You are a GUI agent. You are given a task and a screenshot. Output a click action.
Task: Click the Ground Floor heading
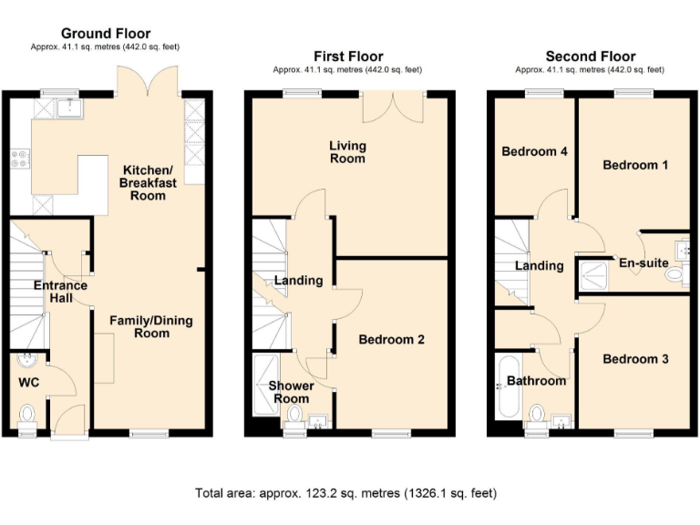point(107,34)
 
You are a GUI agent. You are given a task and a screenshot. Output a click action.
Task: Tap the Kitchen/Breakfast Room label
point(147,182)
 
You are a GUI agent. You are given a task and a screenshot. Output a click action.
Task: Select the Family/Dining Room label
point(151,326)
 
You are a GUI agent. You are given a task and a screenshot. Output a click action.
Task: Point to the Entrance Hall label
point(60,292)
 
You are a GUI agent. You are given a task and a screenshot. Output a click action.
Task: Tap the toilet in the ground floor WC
point(26,415)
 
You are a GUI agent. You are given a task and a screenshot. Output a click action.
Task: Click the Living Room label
point(347,151)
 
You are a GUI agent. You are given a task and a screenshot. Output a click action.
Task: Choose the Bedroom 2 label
point(391,340)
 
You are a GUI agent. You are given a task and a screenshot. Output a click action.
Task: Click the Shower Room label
point(291,392)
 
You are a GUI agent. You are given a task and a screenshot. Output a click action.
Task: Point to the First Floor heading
point(348,57)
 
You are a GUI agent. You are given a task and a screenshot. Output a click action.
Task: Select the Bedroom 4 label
point(535,151)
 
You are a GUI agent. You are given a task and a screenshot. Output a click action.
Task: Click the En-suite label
point(643,263)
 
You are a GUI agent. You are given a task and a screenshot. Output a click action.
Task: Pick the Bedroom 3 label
point(635,359)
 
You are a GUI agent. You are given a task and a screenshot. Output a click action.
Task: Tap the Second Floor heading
point(590,57)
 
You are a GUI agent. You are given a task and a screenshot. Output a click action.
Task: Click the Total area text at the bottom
point(345,493)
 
